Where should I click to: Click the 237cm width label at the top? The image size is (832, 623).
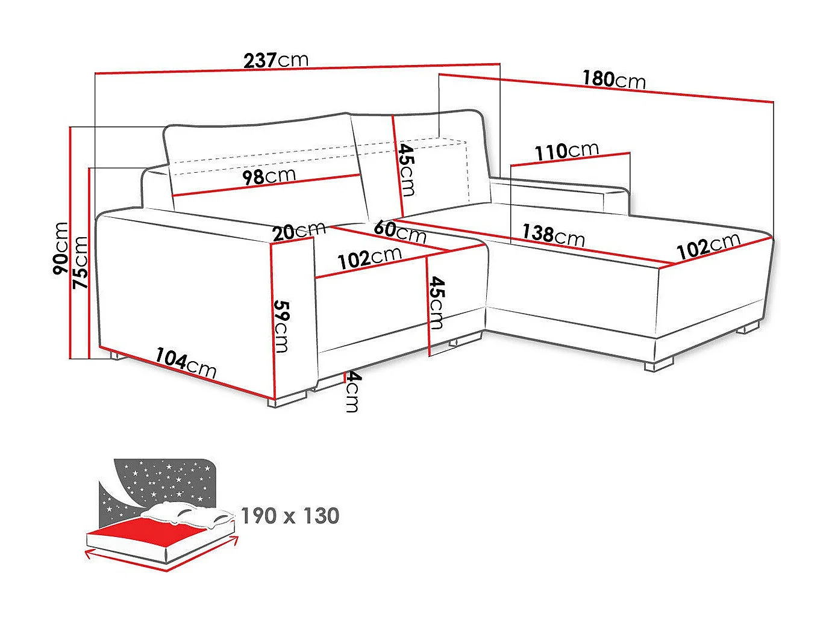tap(276, 60)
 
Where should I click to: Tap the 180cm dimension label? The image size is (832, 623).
tap(613, 79)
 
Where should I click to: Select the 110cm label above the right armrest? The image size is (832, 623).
tap(567, 151)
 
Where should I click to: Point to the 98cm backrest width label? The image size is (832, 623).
tap(269, 176)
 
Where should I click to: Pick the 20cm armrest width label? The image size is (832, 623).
tap(298, 231)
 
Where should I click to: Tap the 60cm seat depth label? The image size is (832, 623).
tap(400, 231)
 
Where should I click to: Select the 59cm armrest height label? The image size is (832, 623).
tap(281, 326)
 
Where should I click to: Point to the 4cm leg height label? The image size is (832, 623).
tap(352, 392)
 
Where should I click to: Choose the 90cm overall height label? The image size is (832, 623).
tap(61, 248)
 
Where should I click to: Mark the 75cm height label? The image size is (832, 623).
tap(80, 262)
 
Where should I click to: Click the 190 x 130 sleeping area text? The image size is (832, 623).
tap(290, 516)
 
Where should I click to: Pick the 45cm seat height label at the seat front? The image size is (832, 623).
tap(436, 303)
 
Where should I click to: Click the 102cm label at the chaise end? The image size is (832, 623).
tap(708, 246)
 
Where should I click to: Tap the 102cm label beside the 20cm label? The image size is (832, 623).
tap(369, 258)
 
